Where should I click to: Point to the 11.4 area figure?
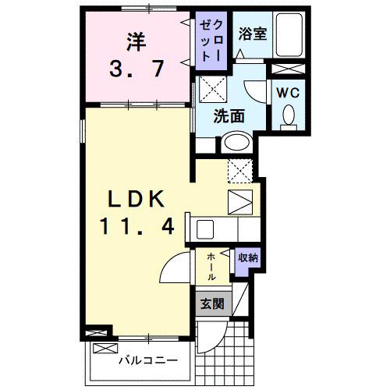[x=136, y=227]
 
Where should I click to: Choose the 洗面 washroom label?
[x=230, y=117]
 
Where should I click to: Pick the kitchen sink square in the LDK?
[x=206, y=229]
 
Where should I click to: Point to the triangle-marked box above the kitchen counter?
[x=240, y=201]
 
